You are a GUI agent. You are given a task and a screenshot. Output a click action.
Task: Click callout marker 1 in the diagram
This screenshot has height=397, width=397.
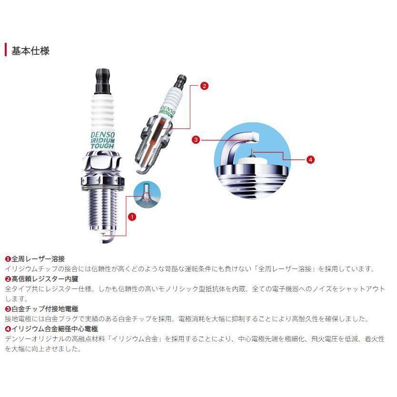[132, 216]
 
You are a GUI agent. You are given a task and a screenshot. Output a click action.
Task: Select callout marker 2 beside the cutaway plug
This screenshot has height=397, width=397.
[204, 86]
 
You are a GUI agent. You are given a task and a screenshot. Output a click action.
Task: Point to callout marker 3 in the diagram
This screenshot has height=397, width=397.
[195, 140]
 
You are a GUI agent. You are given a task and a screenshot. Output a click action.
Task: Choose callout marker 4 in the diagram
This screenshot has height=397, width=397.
[310, 159]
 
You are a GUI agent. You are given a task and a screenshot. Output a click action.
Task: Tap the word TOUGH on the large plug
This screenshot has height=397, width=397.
[104, 146]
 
